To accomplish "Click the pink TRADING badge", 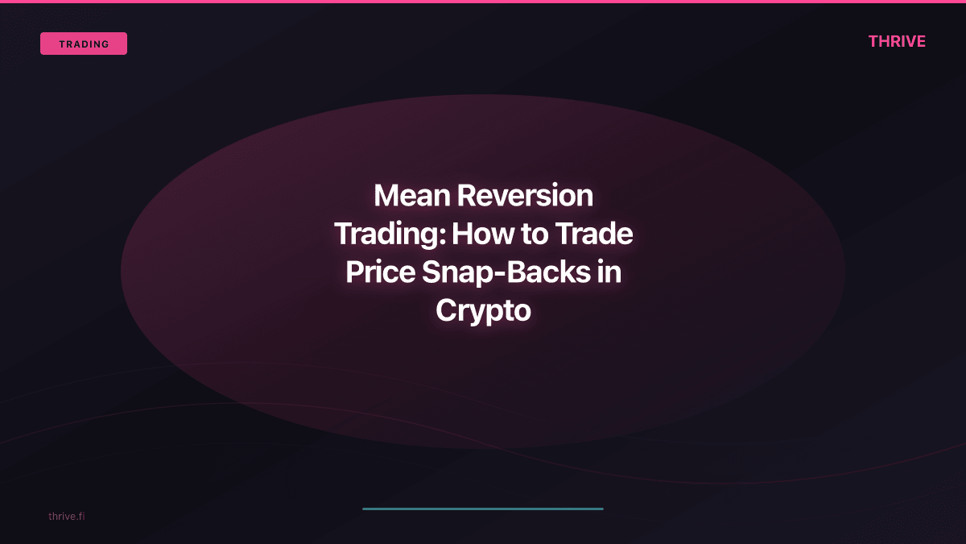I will [x=84, y=44].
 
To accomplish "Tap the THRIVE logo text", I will [x=897, y=41].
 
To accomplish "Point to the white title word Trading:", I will [x=390, y=235].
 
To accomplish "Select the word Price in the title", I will [x=380, y=272].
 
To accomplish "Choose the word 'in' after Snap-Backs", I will [x=609, y=272].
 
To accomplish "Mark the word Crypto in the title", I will [x=483, y=311].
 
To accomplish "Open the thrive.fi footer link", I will [x=66, y=516].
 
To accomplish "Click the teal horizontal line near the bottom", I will [x=483, y=509].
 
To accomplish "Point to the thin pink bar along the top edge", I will [x=483, y=2].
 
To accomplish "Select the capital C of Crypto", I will [x=447, y=310].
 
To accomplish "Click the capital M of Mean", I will [x=387, y=196].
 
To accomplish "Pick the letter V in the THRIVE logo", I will [x=906, y=41].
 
